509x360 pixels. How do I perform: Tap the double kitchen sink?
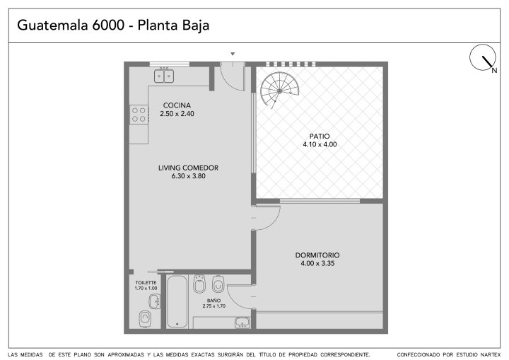coord(164,76)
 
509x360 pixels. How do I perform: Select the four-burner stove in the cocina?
coord(139,115)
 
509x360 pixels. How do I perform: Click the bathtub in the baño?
coord(177,301)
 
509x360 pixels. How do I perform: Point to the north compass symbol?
coord(483,57)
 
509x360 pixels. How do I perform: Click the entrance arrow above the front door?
coord(233,54)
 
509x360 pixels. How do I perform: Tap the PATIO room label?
coord(320,136)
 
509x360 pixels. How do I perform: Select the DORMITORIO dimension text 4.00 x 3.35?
coord(317,264)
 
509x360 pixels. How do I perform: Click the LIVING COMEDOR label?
coord(188,168)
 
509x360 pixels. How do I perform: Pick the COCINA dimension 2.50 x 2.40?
coord(177,114)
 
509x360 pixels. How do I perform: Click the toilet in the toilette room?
coord(145,319)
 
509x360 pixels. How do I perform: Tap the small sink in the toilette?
coord(155,301)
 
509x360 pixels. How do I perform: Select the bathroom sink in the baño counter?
coord(242,323)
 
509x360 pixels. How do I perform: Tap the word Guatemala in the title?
coord(52,25)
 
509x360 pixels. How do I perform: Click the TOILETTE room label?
coord(146,283)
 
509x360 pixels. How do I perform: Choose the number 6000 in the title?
coord(108,25)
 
